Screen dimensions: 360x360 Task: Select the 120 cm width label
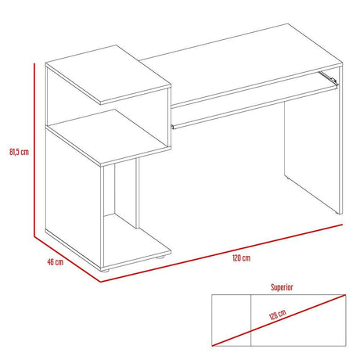(x=240, y=258)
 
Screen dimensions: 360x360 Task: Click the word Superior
(x=283, y=287)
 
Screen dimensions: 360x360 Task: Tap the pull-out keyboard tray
(x=250, y=102)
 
